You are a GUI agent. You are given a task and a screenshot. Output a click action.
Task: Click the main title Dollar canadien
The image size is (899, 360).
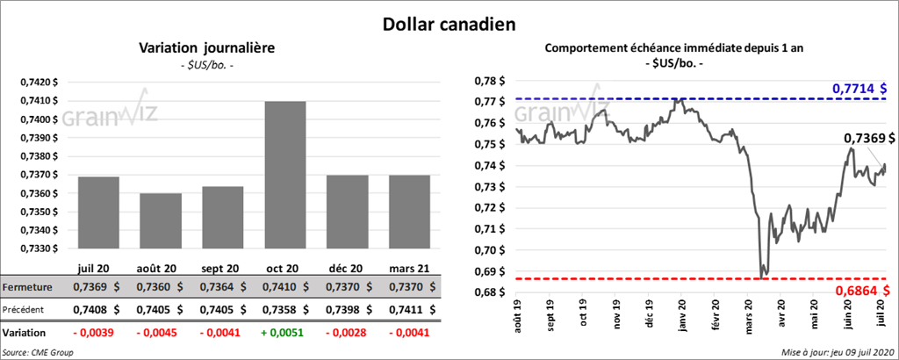click(449, 24)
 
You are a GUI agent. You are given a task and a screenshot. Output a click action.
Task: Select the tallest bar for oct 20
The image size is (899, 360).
click(284, 176)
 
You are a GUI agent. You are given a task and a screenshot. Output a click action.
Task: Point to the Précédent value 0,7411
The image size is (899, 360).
click(402, 310)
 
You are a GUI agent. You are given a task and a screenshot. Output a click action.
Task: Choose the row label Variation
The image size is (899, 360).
click(25, 334)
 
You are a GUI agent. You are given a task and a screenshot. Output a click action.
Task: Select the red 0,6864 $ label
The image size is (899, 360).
click(858, 290)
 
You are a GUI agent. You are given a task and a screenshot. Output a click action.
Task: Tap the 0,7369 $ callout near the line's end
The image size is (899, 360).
click(869, 139)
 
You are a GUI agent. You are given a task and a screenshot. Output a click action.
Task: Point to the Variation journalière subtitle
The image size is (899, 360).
click(207, 48)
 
